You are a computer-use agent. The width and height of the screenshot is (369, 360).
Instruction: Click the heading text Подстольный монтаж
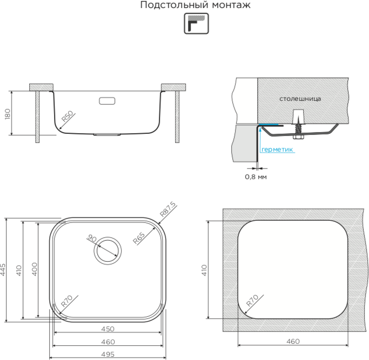(x=196, y=5)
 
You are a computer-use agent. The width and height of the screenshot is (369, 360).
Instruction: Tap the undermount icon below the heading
(x=196, y=24)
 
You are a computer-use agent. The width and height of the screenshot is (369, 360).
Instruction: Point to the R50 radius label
(x=67, y=117)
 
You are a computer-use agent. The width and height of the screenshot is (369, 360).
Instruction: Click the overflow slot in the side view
(x=107, y=100)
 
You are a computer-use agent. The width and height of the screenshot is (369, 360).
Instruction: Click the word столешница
(x=300, y=99)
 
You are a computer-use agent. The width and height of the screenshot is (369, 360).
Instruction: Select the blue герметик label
(x=277, y=150)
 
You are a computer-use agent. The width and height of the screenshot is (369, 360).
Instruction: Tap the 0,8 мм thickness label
(x=256, y=176)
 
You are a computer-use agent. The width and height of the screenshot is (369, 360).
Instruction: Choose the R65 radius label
(x=139, y=237)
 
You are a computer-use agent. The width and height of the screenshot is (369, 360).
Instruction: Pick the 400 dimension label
(x=34, y=269)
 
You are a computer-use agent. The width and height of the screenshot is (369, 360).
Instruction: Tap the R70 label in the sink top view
(x=67, y=301)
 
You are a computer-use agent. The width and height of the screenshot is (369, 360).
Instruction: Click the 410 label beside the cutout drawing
(x=205, y=270)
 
